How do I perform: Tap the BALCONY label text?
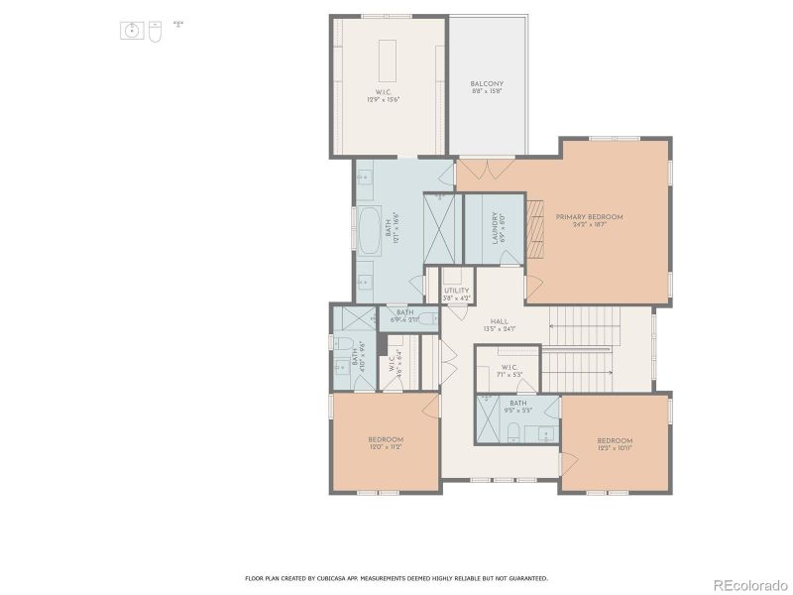pos(487,83)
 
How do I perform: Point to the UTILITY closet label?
pos(456,291)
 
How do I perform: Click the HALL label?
pos(499,321)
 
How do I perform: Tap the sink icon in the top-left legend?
pos(133,32)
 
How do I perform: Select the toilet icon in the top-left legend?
pos(155,32)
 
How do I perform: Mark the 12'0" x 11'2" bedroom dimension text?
pos(386,447)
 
